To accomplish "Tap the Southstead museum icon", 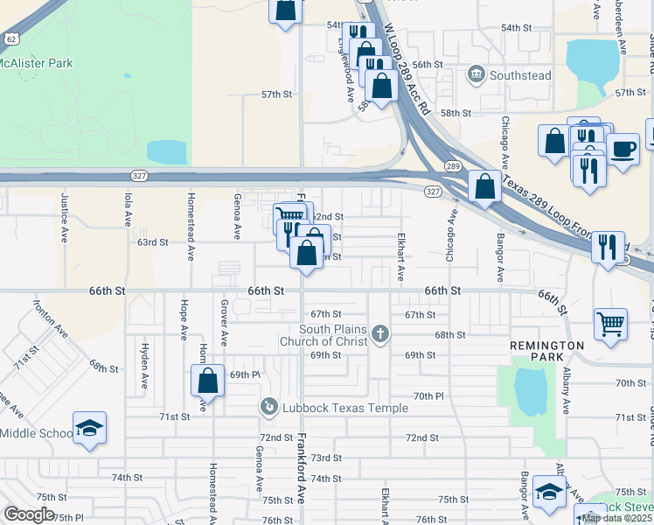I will (477, 74).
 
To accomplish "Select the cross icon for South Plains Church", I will (379, 332).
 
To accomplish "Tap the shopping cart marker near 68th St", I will (610, 323).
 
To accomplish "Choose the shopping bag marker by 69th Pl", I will (207, 381).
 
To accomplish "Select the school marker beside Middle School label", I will (89, 428).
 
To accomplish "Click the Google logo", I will (29, 514).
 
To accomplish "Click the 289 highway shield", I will (452, 165).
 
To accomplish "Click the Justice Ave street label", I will (64, 223).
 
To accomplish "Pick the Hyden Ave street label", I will (144, 359).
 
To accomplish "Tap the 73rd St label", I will (325, 458).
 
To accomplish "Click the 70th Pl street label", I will (428, 396).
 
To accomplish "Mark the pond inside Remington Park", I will (532, 390).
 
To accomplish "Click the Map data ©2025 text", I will (617, 518).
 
